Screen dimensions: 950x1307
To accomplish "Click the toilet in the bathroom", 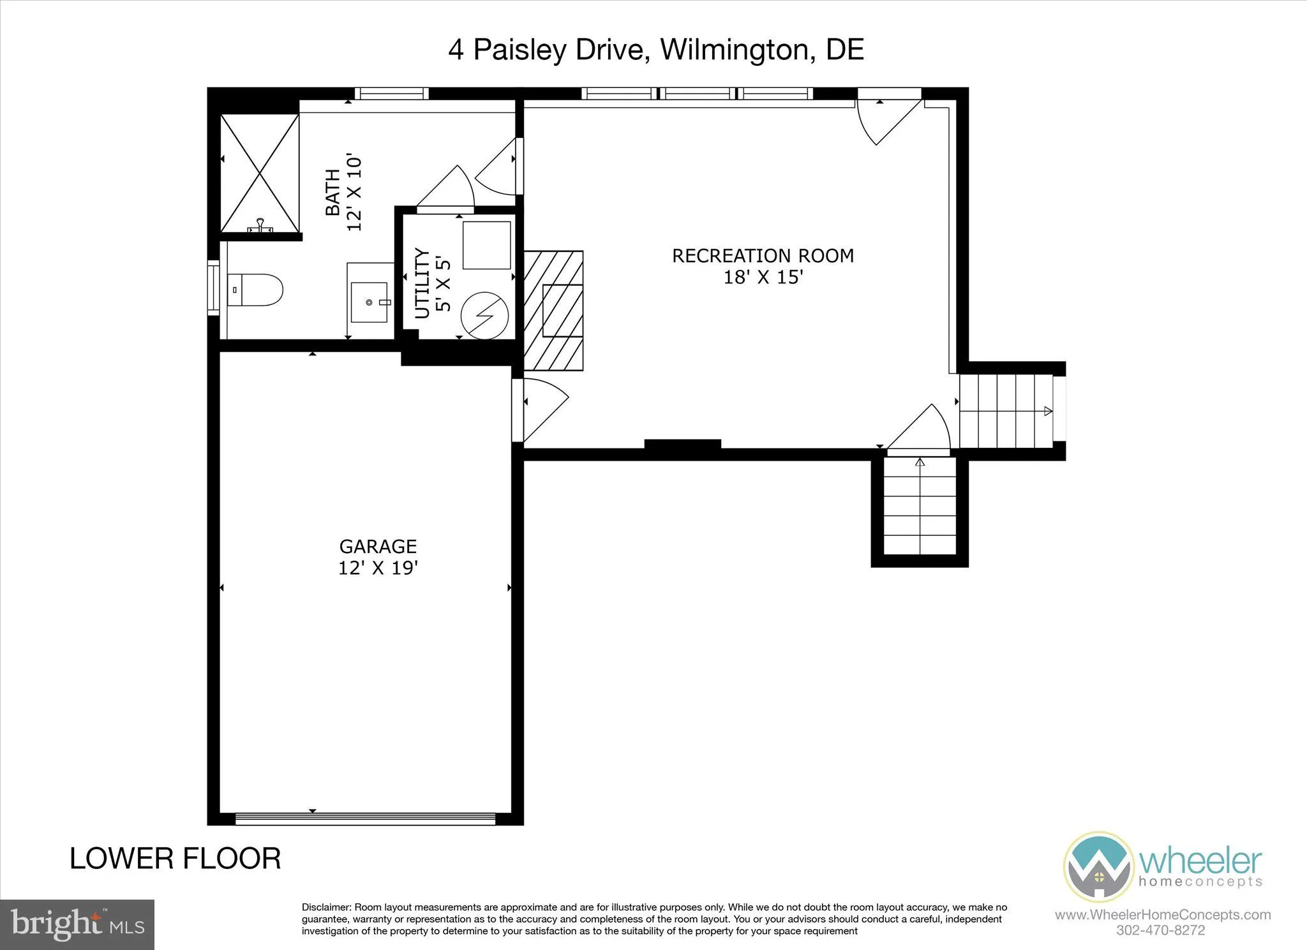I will coord(256,290).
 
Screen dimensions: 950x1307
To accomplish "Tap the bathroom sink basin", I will coord(370,302).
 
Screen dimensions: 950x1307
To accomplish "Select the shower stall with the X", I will coord(260,174).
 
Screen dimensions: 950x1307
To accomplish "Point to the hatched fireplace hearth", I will coord(553,311).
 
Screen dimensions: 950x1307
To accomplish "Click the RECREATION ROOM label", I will coord(763,256).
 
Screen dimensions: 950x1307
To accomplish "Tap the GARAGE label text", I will coord(378,546).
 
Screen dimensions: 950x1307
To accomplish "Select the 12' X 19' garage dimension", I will coord(378,568).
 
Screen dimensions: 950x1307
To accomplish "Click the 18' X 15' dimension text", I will coord(763,278).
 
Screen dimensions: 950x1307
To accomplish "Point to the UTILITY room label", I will coord(422,283).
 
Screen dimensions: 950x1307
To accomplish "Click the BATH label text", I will coord(332,192).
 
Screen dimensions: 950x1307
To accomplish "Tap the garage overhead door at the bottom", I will coord(365,818).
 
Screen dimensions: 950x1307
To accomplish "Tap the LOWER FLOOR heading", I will coord(175,859).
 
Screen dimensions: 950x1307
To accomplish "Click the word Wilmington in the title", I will coord(734,50).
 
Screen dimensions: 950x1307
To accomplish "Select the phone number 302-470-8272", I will coord(1160,930).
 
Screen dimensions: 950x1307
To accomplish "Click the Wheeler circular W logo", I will coord(1098,867).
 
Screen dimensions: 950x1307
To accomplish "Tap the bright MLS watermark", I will coord(77,924).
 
